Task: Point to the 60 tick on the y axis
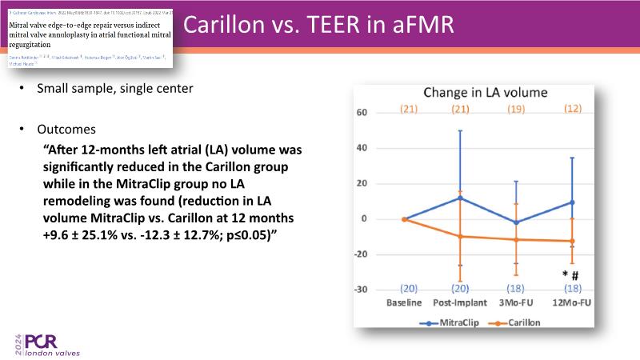[x=361, y=113]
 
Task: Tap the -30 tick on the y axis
[x=359, y=290]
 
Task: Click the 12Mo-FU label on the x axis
[x=572, y=304]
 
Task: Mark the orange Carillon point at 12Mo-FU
[x=572, y=241]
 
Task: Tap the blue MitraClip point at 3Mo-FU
[x=516, y=222]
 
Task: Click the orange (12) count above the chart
[x=573, y=108]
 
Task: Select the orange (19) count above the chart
[x=516, y=109]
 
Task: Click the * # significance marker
[x=570, y=274]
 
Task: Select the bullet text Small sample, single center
[x=114, y=88]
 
